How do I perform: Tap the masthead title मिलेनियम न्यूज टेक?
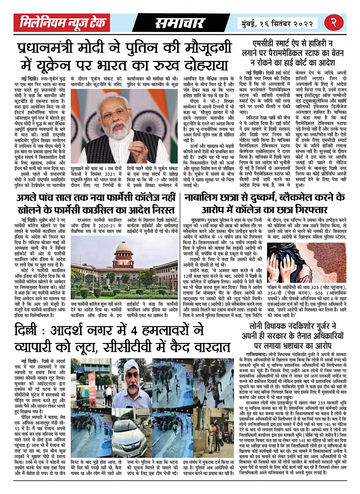(x=63, y=23)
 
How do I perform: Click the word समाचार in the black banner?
(x=180, y=23)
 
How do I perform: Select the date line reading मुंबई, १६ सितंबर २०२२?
(x=277, y=23)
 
